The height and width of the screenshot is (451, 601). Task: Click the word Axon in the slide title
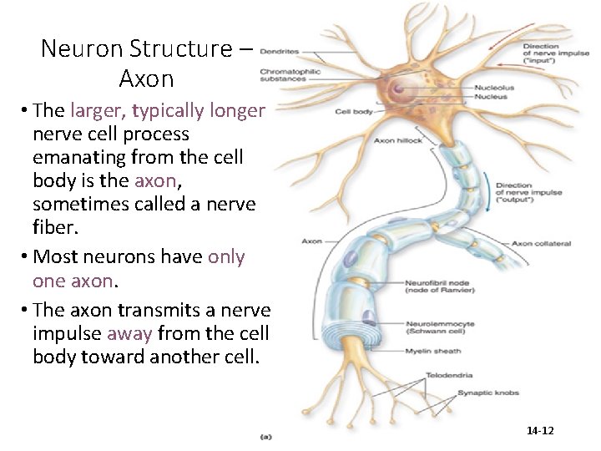coord(147,79)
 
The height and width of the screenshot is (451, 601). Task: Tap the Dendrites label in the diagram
coord(280,52)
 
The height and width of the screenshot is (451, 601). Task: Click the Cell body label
coord(355,111)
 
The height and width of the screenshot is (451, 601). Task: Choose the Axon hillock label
coord(399,140)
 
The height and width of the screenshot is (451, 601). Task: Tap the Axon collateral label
coord(541,243)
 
